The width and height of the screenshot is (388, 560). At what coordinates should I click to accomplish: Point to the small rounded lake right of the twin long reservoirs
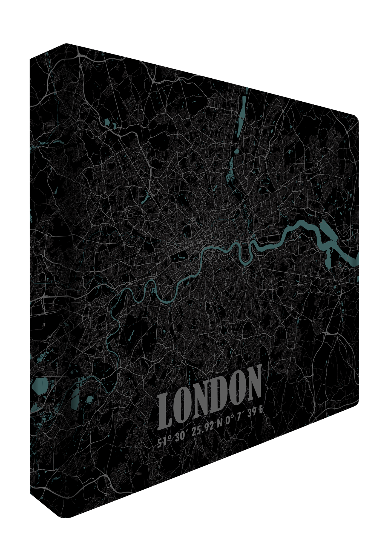point(89,399)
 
